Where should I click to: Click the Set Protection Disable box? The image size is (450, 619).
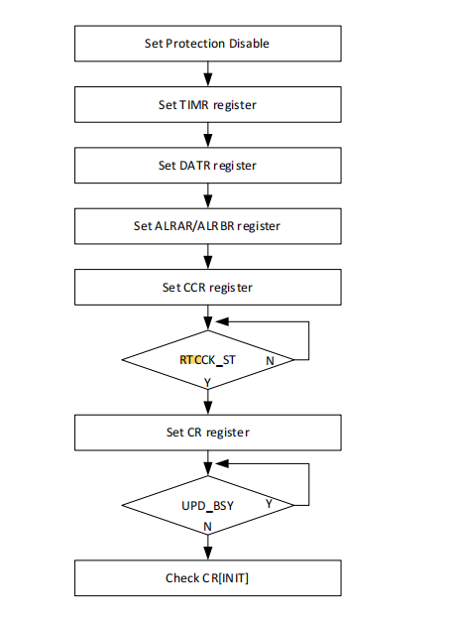point(208,44)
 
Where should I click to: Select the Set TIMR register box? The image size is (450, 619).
point(208,104)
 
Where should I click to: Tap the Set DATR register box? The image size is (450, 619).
point(208,166)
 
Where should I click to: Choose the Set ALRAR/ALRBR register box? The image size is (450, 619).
point(208,226)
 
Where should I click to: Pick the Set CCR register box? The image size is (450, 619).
point(208,287)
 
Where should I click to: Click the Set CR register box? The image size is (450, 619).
point(208,433)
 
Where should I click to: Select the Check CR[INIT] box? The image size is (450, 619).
point(208,578)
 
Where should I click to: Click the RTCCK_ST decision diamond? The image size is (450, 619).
point(208,360)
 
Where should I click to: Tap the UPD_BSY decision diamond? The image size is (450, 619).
point(208,505)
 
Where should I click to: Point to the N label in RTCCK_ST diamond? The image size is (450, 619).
point(270,361)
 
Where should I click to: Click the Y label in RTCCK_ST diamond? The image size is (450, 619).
point(207,383)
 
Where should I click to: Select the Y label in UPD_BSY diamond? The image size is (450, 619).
point(269,504)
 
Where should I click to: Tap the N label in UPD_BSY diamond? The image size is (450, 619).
point(207,527)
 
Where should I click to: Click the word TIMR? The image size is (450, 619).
point(193,105)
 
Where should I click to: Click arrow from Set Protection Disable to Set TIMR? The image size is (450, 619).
point(208,73)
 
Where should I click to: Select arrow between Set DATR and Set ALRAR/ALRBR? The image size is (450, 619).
point(208,195)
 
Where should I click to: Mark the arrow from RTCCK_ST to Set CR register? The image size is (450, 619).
point(208,403)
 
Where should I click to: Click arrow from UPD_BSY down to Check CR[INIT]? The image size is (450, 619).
point(208,548)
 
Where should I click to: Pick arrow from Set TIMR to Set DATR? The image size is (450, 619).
point(208,135)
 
